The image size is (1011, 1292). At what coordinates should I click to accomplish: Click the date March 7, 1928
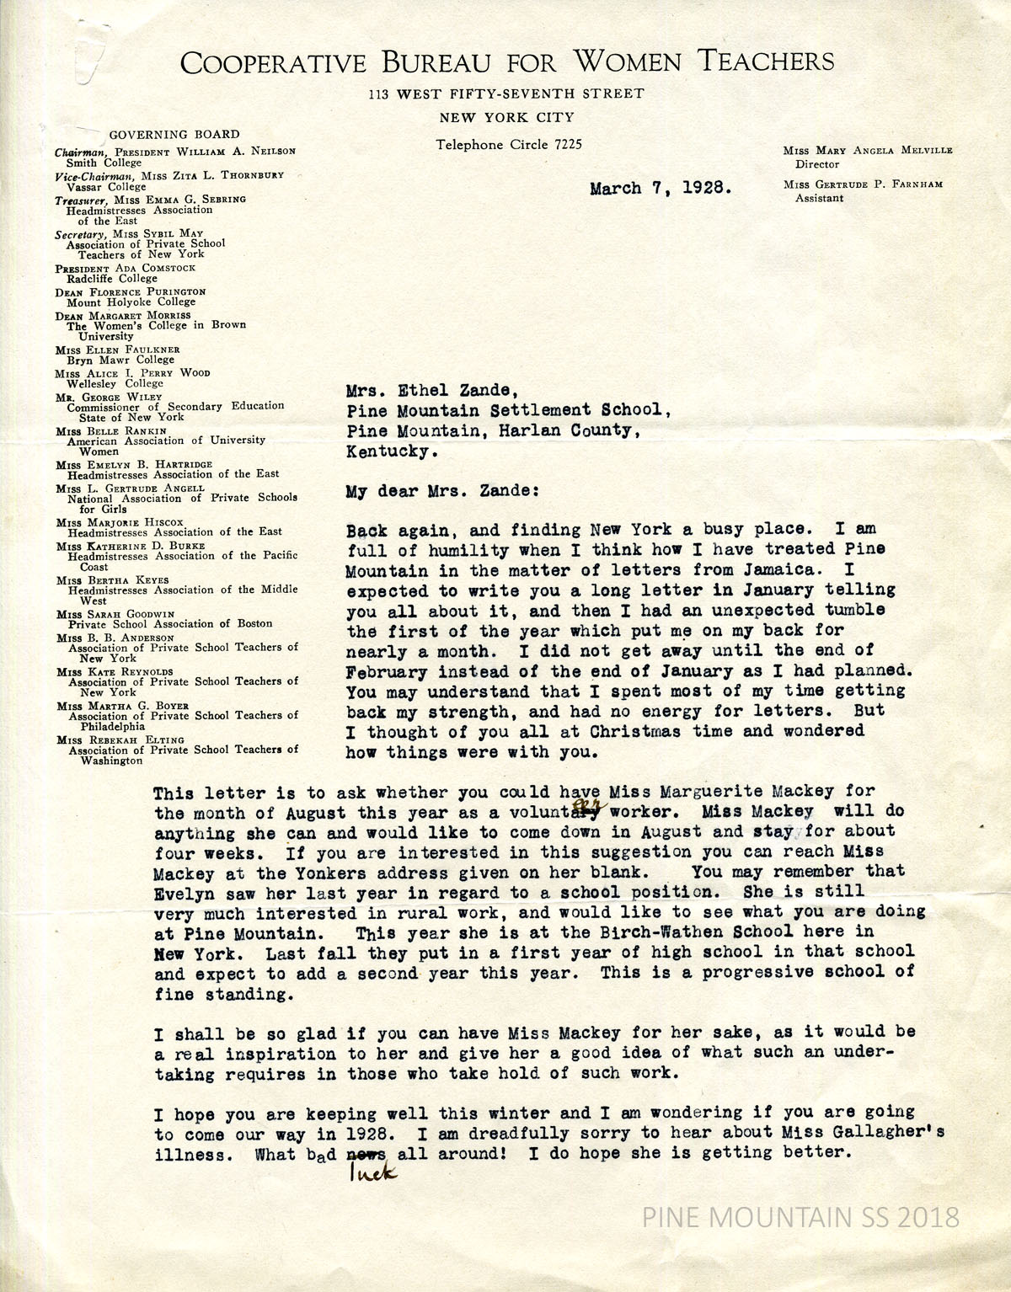[660, 188]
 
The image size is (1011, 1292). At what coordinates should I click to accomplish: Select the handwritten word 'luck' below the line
[365, 1174]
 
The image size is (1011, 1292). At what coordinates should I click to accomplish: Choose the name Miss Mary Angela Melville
[867, 150]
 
